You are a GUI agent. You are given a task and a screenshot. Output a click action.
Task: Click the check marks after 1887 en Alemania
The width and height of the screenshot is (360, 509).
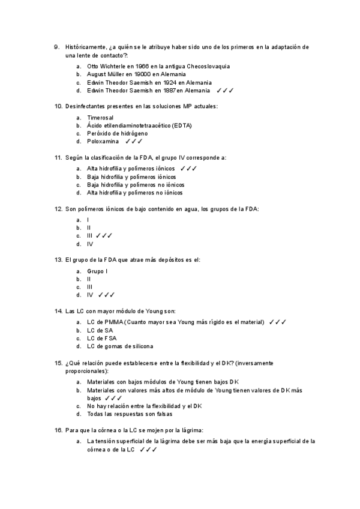pyautogui.click(x=225, y=91)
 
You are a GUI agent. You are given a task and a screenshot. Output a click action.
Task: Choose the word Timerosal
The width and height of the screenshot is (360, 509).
pyautogui.click(x=100, y=117)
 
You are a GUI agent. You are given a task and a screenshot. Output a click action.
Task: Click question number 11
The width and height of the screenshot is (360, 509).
pyautogui.click(x=58, y=158)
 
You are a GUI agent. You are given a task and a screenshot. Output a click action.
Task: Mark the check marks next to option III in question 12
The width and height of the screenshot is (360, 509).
pyautogui.click(x=104, y=236)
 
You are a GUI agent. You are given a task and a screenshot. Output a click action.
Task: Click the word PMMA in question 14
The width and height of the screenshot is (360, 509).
pyautogui.click(x=113, y=322)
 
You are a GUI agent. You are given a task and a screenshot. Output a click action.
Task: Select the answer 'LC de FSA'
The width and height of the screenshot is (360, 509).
pyautogui.click(x=100, y=339)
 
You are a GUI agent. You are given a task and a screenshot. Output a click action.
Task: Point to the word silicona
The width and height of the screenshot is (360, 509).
pyautogui.click(x=141, y=346)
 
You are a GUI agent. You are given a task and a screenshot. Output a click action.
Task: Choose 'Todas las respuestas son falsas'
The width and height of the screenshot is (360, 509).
pyautogui.click(x=130, y=414)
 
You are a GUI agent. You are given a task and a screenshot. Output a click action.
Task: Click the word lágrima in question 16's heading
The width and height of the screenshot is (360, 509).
pyautogui.click(x=191, y=430)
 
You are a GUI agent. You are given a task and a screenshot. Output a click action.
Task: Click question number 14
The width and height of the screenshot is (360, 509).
pyautogui.click(x=58, y=312)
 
